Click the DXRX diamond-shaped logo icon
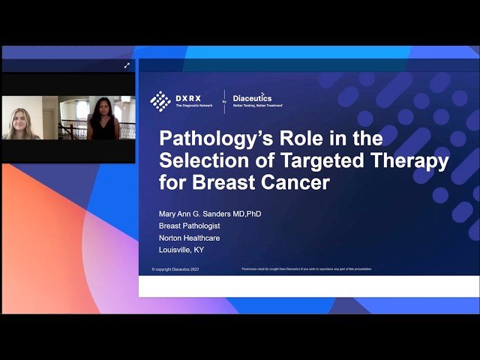(160, 100)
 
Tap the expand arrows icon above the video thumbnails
(127, 66)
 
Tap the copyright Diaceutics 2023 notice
(176, 269)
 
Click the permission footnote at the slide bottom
(306, 268)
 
